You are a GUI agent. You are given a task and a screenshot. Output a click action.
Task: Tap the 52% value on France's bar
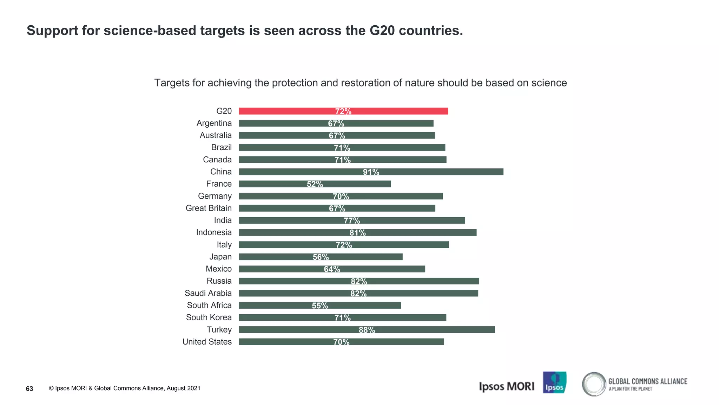(315, 184)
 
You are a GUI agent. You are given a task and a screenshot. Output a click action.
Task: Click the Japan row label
(220, 257)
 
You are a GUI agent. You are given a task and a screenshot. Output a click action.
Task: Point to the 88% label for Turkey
(367, 330)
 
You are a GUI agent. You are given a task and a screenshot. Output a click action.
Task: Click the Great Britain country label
(209, 208)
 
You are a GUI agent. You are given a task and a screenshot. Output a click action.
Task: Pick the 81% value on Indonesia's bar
(357, 233)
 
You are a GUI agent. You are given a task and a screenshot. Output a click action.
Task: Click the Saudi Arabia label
(208, 294)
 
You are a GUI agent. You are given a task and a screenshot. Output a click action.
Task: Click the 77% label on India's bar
(352, 220)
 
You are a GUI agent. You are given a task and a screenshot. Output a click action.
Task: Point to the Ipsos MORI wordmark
(506, 386)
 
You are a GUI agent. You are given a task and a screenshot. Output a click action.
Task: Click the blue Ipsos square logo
(554, 382)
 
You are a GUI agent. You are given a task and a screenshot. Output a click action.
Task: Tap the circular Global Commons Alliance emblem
(594, 384)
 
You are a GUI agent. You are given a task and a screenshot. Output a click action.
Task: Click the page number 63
(29, 388)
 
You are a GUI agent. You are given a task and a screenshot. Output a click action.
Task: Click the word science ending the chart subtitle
(549, 83)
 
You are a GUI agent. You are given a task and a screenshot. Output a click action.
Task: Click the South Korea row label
(209, 318)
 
